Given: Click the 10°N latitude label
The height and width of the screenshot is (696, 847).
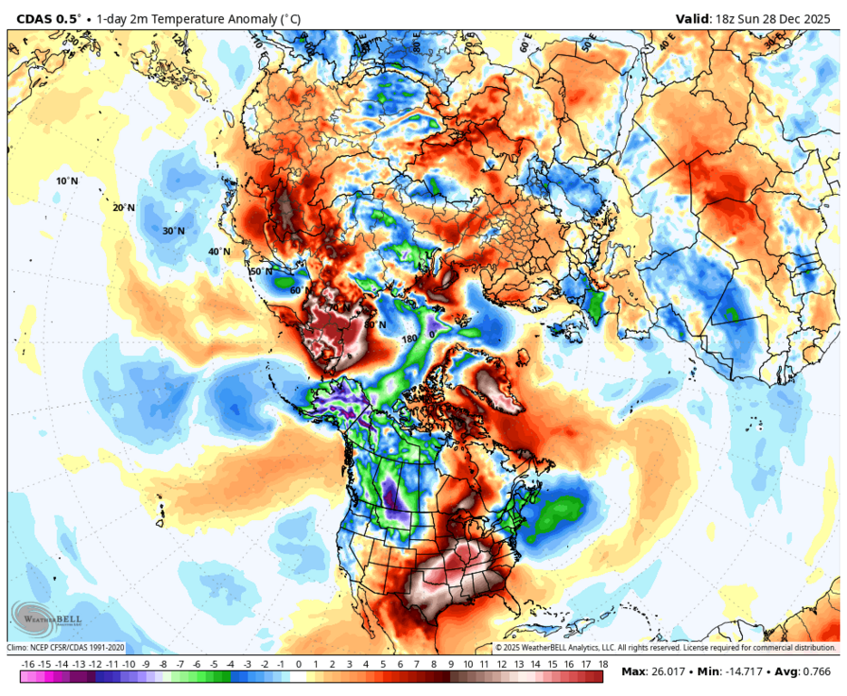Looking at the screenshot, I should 67,181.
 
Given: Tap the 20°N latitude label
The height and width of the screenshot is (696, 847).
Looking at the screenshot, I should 123,208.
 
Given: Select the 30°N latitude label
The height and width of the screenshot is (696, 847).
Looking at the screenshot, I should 174,231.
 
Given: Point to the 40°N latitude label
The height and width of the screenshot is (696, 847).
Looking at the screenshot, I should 219,251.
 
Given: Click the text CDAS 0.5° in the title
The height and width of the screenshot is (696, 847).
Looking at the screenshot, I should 44,19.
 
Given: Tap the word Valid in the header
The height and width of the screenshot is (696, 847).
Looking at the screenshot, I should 694,19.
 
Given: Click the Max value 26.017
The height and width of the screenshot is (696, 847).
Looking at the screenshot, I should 672,672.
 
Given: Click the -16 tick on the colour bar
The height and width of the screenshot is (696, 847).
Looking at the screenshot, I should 28,664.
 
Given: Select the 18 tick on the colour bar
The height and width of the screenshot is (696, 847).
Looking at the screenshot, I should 602,664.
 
